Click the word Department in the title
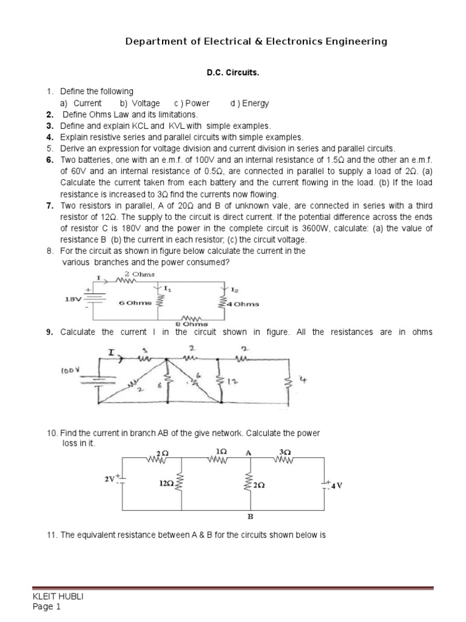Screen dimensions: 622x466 pos(155,41)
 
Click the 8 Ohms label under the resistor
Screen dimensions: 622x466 pos(191,324)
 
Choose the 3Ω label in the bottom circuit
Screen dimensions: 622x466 pos(285,453)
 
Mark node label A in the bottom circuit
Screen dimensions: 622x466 pos(248,452)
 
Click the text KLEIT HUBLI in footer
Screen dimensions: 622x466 pos(58,596)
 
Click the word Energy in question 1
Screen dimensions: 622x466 pos(257,103)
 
